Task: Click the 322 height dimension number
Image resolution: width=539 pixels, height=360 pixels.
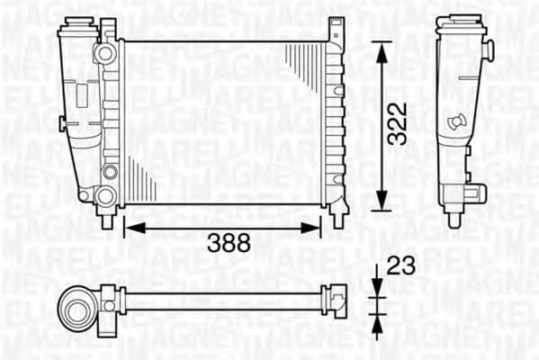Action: (x=397, y=122)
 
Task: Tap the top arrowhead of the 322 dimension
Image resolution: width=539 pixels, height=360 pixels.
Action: (x=381, y=50)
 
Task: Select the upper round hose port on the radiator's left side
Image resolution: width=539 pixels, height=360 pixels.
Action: (x=106, y=53)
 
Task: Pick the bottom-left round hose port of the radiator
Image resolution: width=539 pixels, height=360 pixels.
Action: (x=105, y=196)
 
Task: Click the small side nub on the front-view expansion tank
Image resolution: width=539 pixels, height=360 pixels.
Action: (x=61, y=122)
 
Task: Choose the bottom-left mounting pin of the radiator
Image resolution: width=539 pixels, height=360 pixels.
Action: (x=107, y=218)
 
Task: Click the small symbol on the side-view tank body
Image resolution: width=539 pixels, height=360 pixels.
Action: (x=458, y=120)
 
